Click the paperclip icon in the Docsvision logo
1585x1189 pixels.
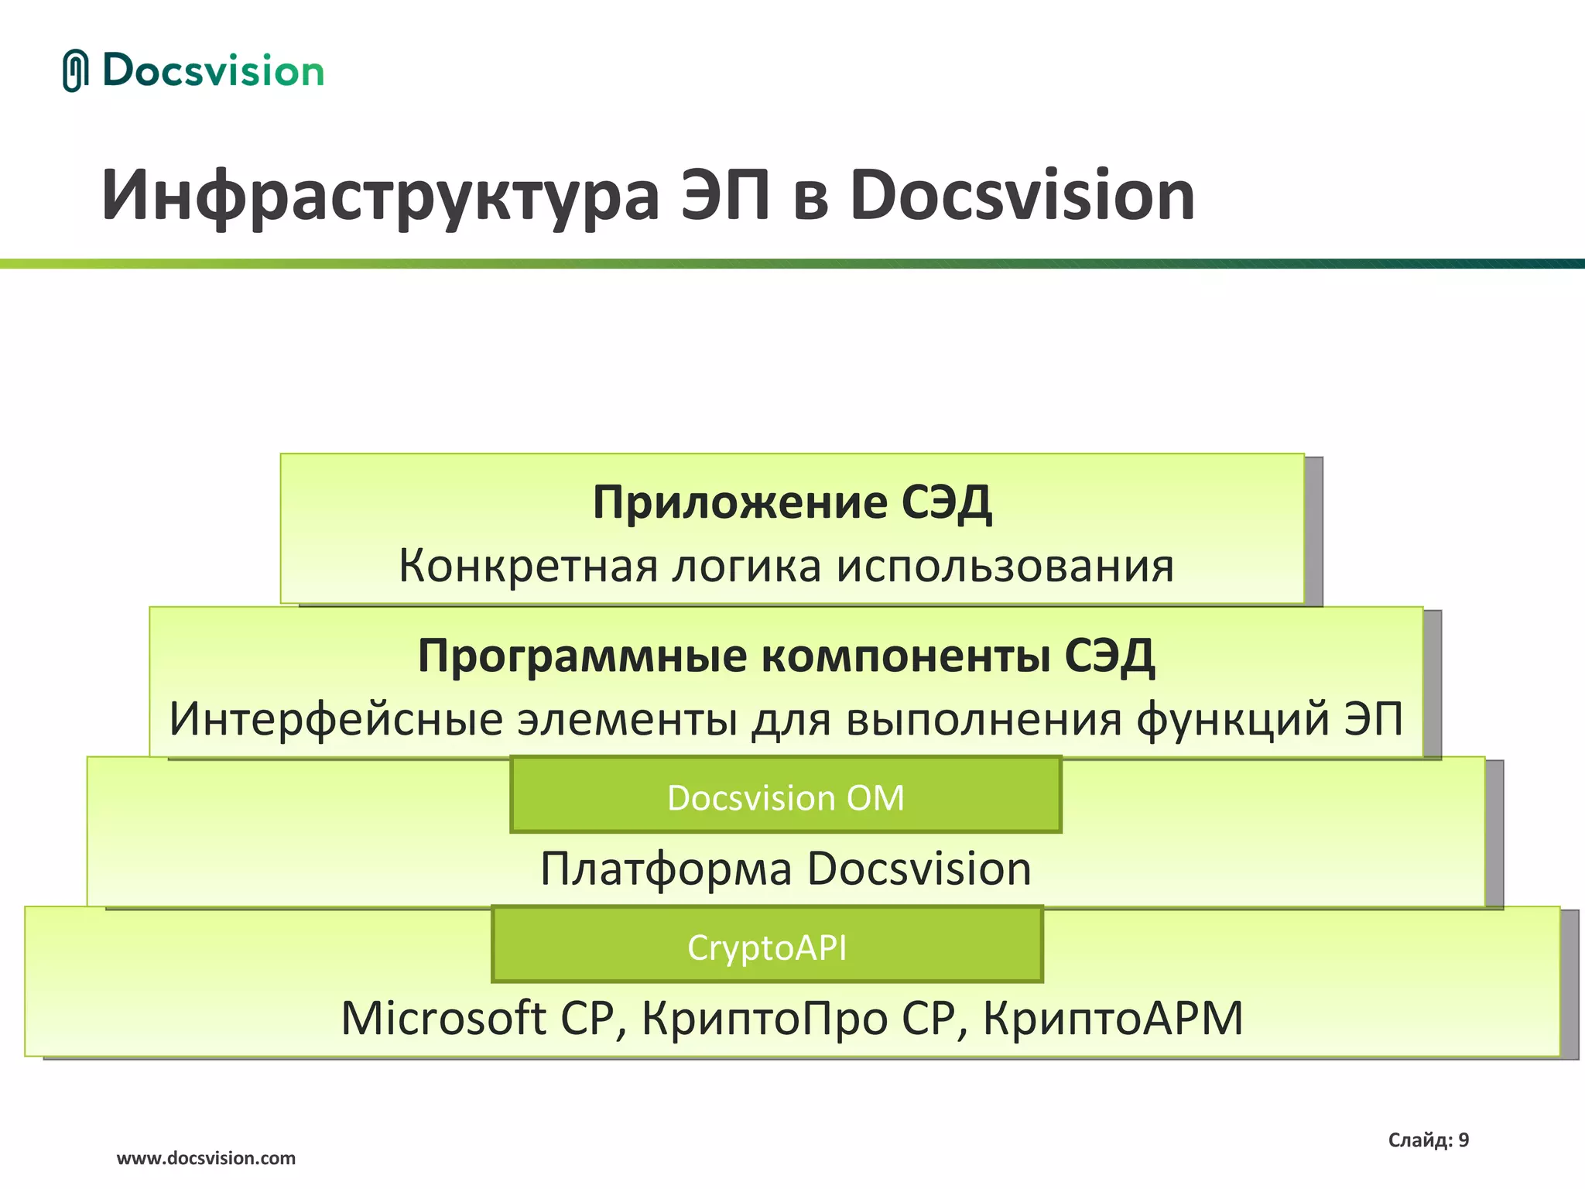point(75,70)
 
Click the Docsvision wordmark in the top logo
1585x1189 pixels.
point(213,71)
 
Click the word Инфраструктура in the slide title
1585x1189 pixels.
point(379,196)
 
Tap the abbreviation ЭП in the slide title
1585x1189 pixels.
point(725,196)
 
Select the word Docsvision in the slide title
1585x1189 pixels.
point(1022,196)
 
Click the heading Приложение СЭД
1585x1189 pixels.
point(792,503)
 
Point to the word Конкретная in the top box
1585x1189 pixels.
point(527,566)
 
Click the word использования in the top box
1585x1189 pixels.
point(1005,566)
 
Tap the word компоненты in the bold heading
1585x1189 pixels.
point(905,656)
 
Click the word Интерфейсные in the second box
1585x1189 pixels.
point(336,719)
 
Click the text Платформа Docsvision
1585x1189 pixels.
point(786,869)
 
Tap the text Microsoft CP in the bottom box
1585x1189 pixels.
point(477,1018)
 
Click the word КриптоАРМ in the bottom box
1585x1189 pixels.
point(1113,1018)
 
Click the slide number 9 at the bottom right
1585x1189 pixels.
point(1463,1140)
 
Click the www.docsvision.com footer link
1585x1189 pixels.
point(206,1158)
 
